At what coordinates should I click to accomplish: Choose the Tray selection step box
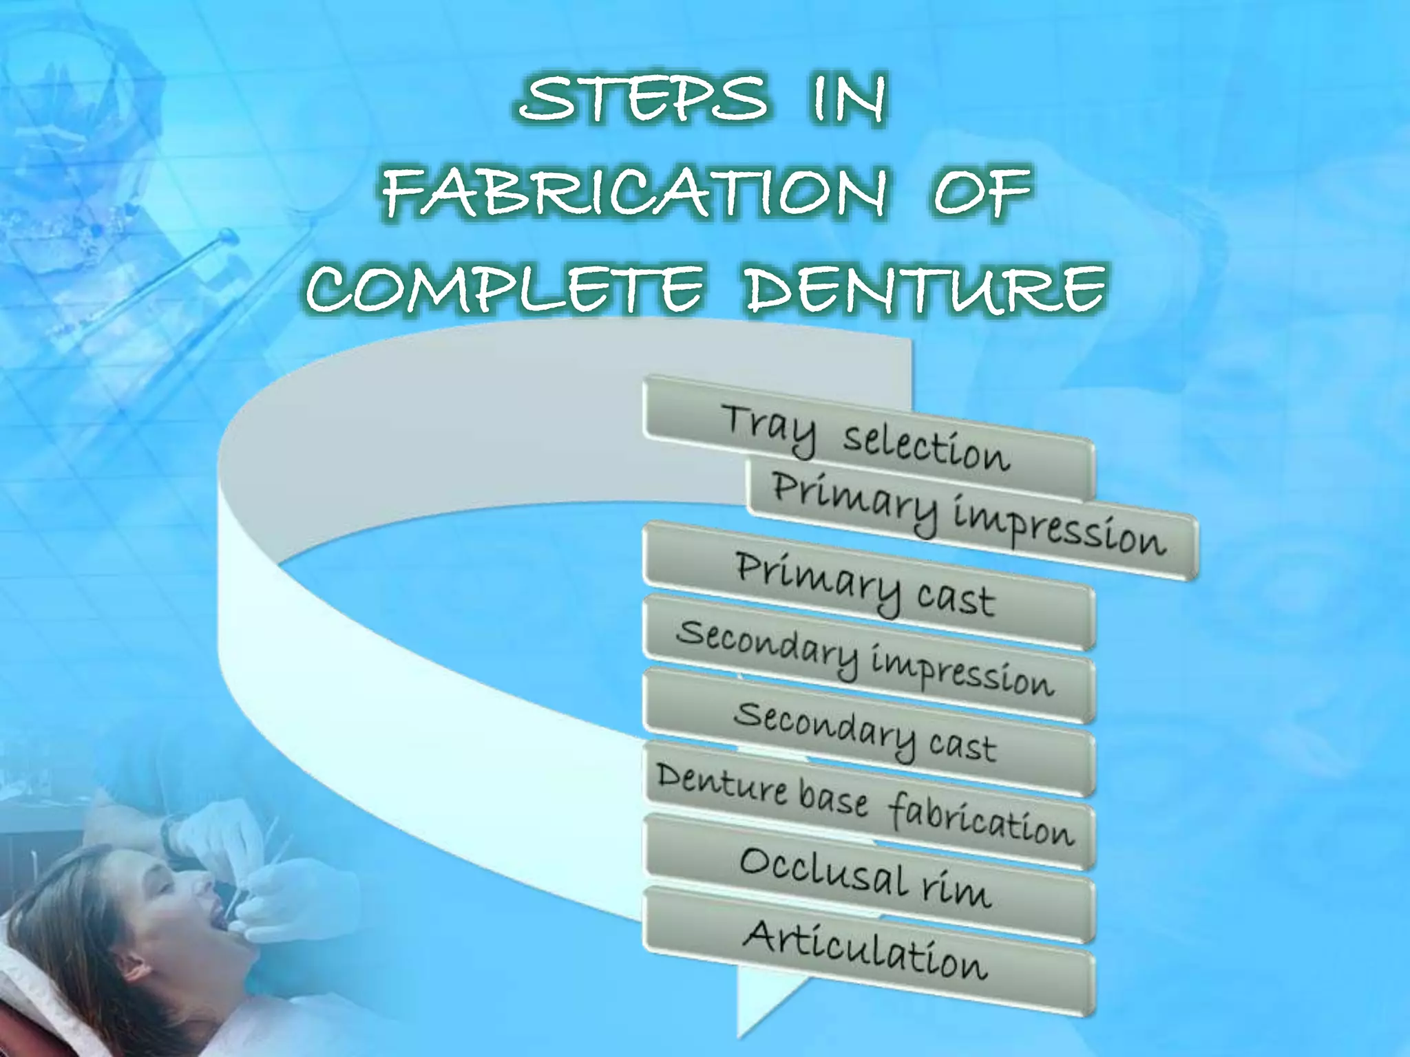pyautogui.click(x=867, y=438)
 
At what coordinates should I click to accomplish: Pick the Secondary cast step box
pyautogui.click(x=867, y=732)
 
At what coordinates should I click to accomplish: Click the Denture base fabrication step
pyautogui.click(x=867, y=805)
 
